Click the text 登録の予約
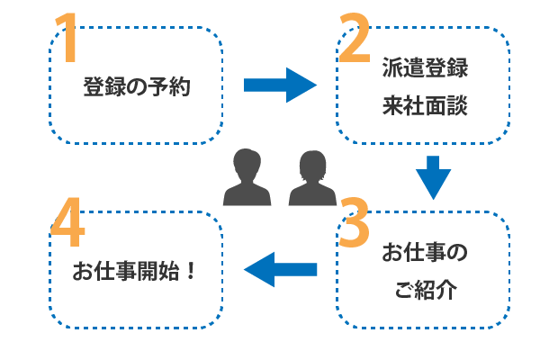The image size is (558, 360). (136, 88)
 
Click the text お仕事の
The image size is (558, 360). (425, 255)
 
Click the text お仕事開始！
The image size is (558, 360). (135, 271)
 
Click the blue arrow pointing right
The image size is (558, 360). (280, 85)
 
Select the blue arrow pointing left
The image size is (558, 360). (281, 268)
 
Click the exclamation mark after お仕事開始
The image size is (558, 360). (192, 271)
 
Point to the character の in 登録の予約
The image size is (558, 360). (136, 88)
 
